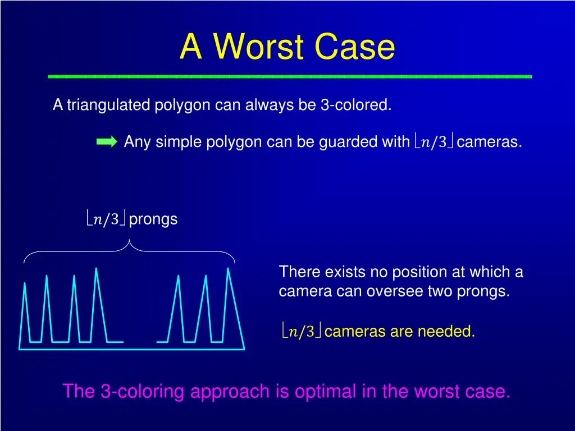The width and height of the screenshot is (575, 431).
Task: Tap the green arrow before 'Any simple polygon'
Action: pyautogui.click(x=107, y=141)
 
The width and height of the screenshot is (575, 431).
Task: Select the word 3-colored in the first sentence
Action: pyautogui.click(x=356, y=105)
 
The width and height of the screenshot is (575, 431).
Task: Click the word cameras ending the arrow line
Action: pyautogui.click(x=489, y=142)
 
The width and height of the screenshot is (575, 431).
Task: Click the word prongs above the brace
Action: pyautogui.click(x=153, y=219)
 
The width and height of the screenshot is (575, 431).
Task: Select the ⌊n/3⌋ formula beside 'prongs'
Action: pyautogui.click(x=106, y=219)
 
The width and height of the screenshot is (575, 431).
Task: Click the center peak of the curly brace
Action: pyautogui.click(x=130, y=241)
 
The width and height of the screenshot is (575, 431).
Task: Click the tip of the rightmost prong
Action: pyautogui.click(x=228, y=269)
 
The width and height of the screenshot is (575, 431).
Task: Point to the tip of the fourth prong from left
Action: pyautogui.click(x=97, y=269)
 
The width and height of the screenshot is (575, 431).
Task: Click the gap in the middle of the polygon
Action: pyautogui.click(x=140, y=341)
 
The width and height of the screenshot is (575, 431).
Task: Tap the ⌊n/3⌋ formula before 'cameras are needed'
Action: pyautogui.click(x=301, y=332)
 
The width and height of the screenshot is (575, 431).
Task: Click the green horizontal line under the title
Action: pyautogui.click(x=290, y=76)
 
